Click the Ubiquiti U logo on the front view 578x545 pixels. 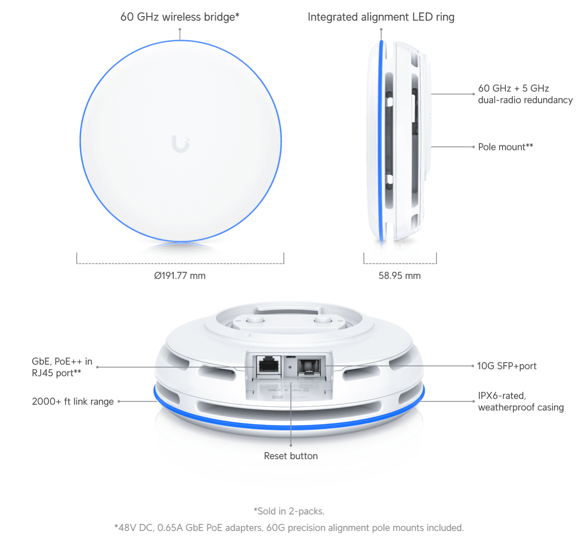180,144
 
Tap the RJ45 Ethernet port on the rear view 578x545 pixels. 268,366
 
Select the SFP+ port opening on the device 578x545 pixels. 309,367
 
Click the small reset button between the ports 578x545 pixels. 289,367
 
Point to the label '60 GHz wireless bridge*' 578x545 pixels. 180,17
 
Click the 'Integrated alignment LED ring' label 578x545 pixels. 381,17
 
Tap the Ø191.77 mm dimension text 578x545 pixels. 180,275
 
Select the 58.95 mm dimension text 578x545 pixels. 399,275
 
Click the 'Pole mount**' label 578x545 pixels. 505,147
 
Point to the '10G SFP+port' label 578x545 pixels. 507,366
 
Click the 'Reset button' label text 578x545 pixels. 291,456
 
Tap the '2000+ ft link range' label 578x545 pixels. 73,401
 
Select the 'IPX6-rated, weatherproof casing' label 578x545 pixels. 521,401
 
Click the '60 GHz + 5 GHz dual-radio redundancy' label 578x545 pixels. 525,94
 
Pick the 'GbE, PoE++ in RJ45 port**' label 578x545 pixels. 62,367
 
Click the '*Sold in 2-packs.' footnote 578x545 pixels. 289,511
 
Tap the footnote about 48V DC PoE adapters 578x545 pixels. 289,528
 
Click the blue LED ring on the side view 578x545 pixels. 380,140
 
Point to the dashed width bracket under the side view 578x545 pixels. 400,263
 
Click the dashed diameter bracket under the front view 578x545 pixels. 180,263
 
